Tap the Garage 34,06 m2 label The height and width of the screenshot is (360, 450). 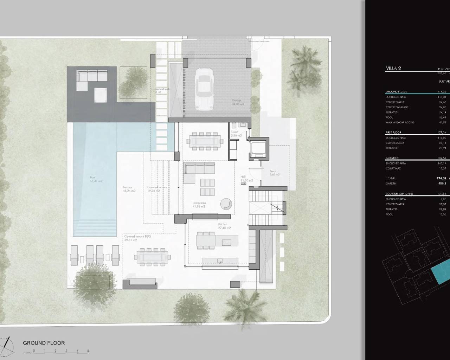[x=238, y=102]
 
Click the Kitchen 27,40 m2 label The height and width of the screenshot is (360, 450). [x=224, y=226]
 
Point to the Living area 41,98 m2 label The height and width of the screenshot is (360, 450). [x=199, y=205]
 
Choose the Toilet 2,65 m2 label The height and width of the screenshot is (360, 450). [x=236, y=134]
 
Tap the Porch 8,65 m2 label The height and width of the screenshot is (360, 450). [x=275, y=173]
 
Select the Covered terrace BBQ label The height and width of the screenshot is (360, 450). [x=137, y=237]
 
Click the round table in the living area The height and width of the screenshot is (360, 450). [x=226, y=204]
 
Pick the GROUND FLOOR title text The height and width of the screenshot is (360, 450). [x=44, y=343]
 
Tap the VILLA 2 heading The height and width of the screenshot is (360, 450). [x=393, y=69]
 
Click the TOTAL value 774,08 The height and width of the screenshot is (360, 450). [x=441, y=178]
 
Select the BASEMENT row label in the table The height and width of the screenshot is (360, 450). [x=392, y=158]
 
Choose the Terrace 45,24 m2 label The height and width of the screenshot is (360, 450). [x=129, y=189]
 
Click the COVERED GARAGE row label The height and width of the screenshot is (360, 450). [x=397, y=107]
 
